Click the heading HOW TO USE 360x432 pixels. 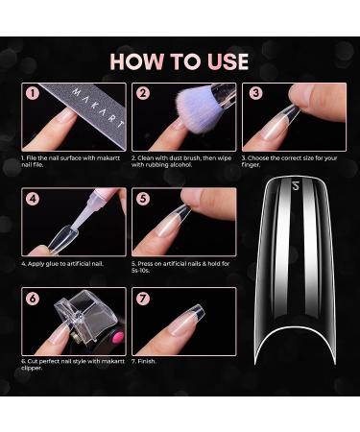click(180, 61)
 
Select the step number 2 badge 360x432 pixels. click(142, 94)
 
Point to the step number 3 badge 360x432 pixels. click(254, 94)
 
